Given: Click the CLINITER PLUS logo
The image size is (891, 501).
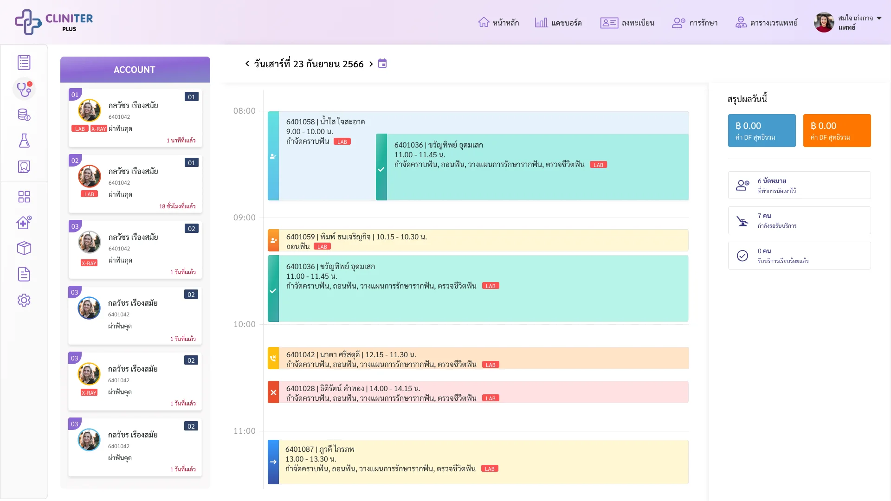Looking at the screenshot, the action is (54, 22).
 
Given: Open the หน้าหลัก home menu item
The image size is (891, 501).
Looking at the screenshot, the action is (498, 23).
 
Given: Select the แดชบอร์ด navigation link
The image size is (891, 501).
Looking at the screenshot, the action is (558, 23).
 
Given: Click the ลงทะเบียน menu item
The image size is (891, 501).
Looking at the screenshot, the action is (627, 23).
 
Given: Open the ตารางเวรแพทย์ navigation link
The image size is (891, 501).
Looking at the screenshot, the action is (767, 23).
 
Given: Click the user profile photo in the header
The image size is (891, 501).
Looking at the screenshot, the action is (824, 22).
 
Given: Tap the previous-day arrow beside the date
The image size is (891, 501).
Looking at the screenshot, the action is (247, 64).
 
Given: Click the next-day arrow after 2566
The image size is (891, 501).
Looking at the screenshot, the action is (371, 64).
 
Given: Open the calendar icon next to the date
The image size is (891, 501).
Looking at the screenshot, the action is (382, 64).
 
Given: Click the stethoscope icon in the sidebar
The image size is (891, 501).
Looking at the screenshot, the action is (24, 88).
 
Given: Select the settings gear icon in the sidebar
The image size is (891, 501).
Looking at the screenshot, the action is (24, 300).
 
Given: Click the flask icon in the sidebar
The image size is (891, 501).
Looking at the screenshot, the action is (24, 141).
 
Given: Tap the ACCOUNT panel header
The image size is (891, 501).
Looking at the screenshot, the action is (135, 70).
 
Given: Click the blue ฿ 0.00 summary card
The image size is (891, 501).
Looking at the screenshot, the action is (762, 130).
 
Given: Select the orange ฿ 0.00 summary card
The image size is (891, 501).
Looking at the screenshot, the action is (837, 130).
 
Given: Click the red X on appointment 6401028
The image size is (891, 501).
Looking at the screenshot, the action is (273, 392).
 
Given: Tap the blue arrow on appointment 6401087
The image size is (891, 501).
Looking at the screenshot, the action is (273, 462).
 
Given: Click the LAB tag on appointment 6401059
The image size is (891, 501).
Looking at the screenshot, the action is (323, 247).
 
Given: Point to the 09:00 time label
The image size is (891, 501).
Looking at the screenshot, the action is (245, 218).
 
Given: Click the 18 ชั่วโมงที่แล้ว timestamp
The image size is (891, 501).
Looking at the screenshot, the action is (177, 206).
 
